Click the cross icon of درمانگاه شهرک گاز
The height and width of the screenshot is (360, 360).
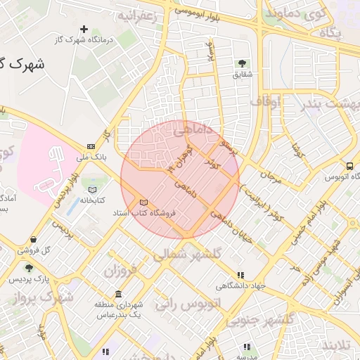coord(84,30)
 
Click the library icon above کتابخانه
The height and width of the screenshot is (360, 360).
coord(91,189)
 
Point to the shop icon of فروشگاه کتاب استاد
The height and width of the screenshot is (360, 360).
coord(143,202)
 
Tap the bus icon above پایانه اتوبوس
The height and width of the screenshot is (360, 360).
coord(349,166)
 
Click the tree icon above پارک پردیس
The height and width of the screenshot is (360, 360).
coord(28,268)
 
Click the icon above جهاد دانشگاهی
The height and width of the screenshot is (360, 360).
coord(241,275)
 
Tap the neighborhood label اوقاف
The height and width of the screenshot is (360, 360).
coord(264,103)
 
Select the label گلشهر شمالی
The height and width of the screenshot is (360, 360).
coord(197,252)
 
